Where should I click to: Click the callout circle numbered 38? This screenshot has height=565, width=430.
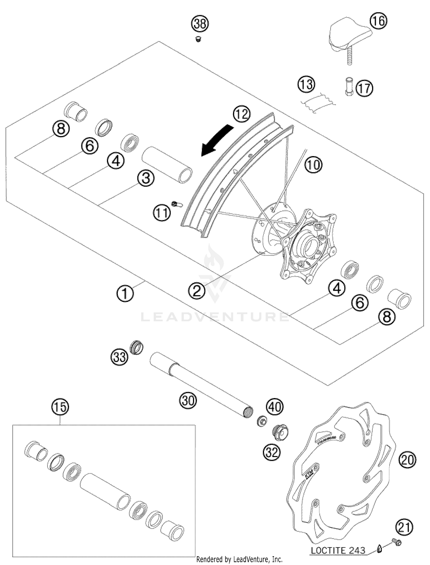(x=200, y=24)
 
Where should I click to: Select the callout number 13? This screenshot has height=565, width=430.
(x=306, y=85)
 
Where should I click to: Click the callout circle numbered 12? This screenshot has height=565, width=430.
(x=241, y=114)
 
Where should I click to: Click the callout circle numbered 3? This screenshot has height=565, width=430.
(x=146, y=178)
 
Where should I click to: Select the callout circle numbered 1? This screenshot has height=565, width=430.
(x=125, y=294)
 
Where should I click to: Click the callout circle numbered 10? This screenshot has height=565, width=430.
(x=313, y=165)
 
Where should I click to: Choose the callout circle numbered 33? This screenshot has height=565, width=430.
(x=120, y=357)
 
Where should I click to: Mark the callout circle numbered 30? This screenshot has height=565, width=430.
(x=188, y=400)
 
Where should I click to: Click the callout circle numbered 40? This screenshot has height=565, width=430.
(x=275, y=406)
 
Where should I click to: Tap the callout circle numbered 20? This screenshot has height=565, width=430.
(x=407, y=460)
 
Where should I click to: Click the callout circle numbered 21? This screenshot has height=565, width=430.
(x=404, y=527)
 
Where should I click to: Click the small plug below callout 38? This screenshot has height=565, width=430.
(x=198, y=39)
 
